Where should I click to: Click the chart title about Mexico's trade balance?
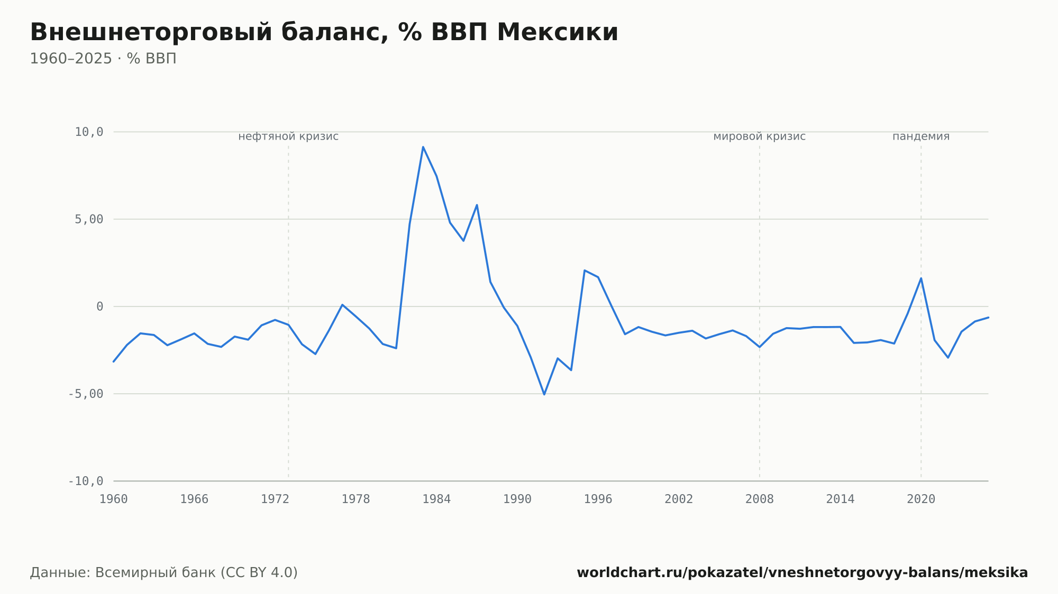(x=324, y=33)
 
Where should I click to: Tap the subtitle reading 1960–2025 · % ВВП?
(x=103, y=59)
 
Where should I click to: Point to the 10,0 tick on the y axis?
(x=89, y=132)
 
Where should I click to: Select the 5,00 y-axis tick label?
(x=89, y=219)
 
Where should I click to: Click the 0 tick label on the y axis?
(x=100, y=307)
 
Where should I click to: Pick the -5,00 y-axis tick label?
(x=86, y=394)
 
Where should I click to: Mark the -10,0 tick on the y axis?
(x=86, y=481)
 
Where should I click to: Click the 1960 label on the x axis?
(x=114, y=499)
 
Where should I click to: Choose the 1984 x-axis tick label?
(x=436, y=499)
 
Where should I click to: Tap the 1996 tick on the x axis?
(x=598, y=499)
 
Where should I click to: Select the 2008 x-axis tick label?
(x=760, y=499)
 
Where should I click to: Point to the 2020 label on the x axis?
(x=921, y=499)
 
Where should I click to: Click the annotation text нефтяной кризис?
(x=288, y=136)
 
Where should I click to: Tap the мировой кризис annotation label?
(x=760, y=136)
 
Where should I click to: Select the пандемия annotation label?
(x=921, y=136)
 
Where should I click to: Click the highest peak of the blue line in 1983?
(x=423, y=147)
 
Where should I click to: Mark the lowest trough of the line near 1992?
(x=544, y=394)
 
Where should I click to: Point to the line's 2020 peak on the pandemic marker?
(x=921, y=279)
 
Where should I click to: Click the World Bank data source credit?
(x=164, y=572)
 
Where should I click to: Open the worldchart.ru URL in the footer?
(x=802, y=572)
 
